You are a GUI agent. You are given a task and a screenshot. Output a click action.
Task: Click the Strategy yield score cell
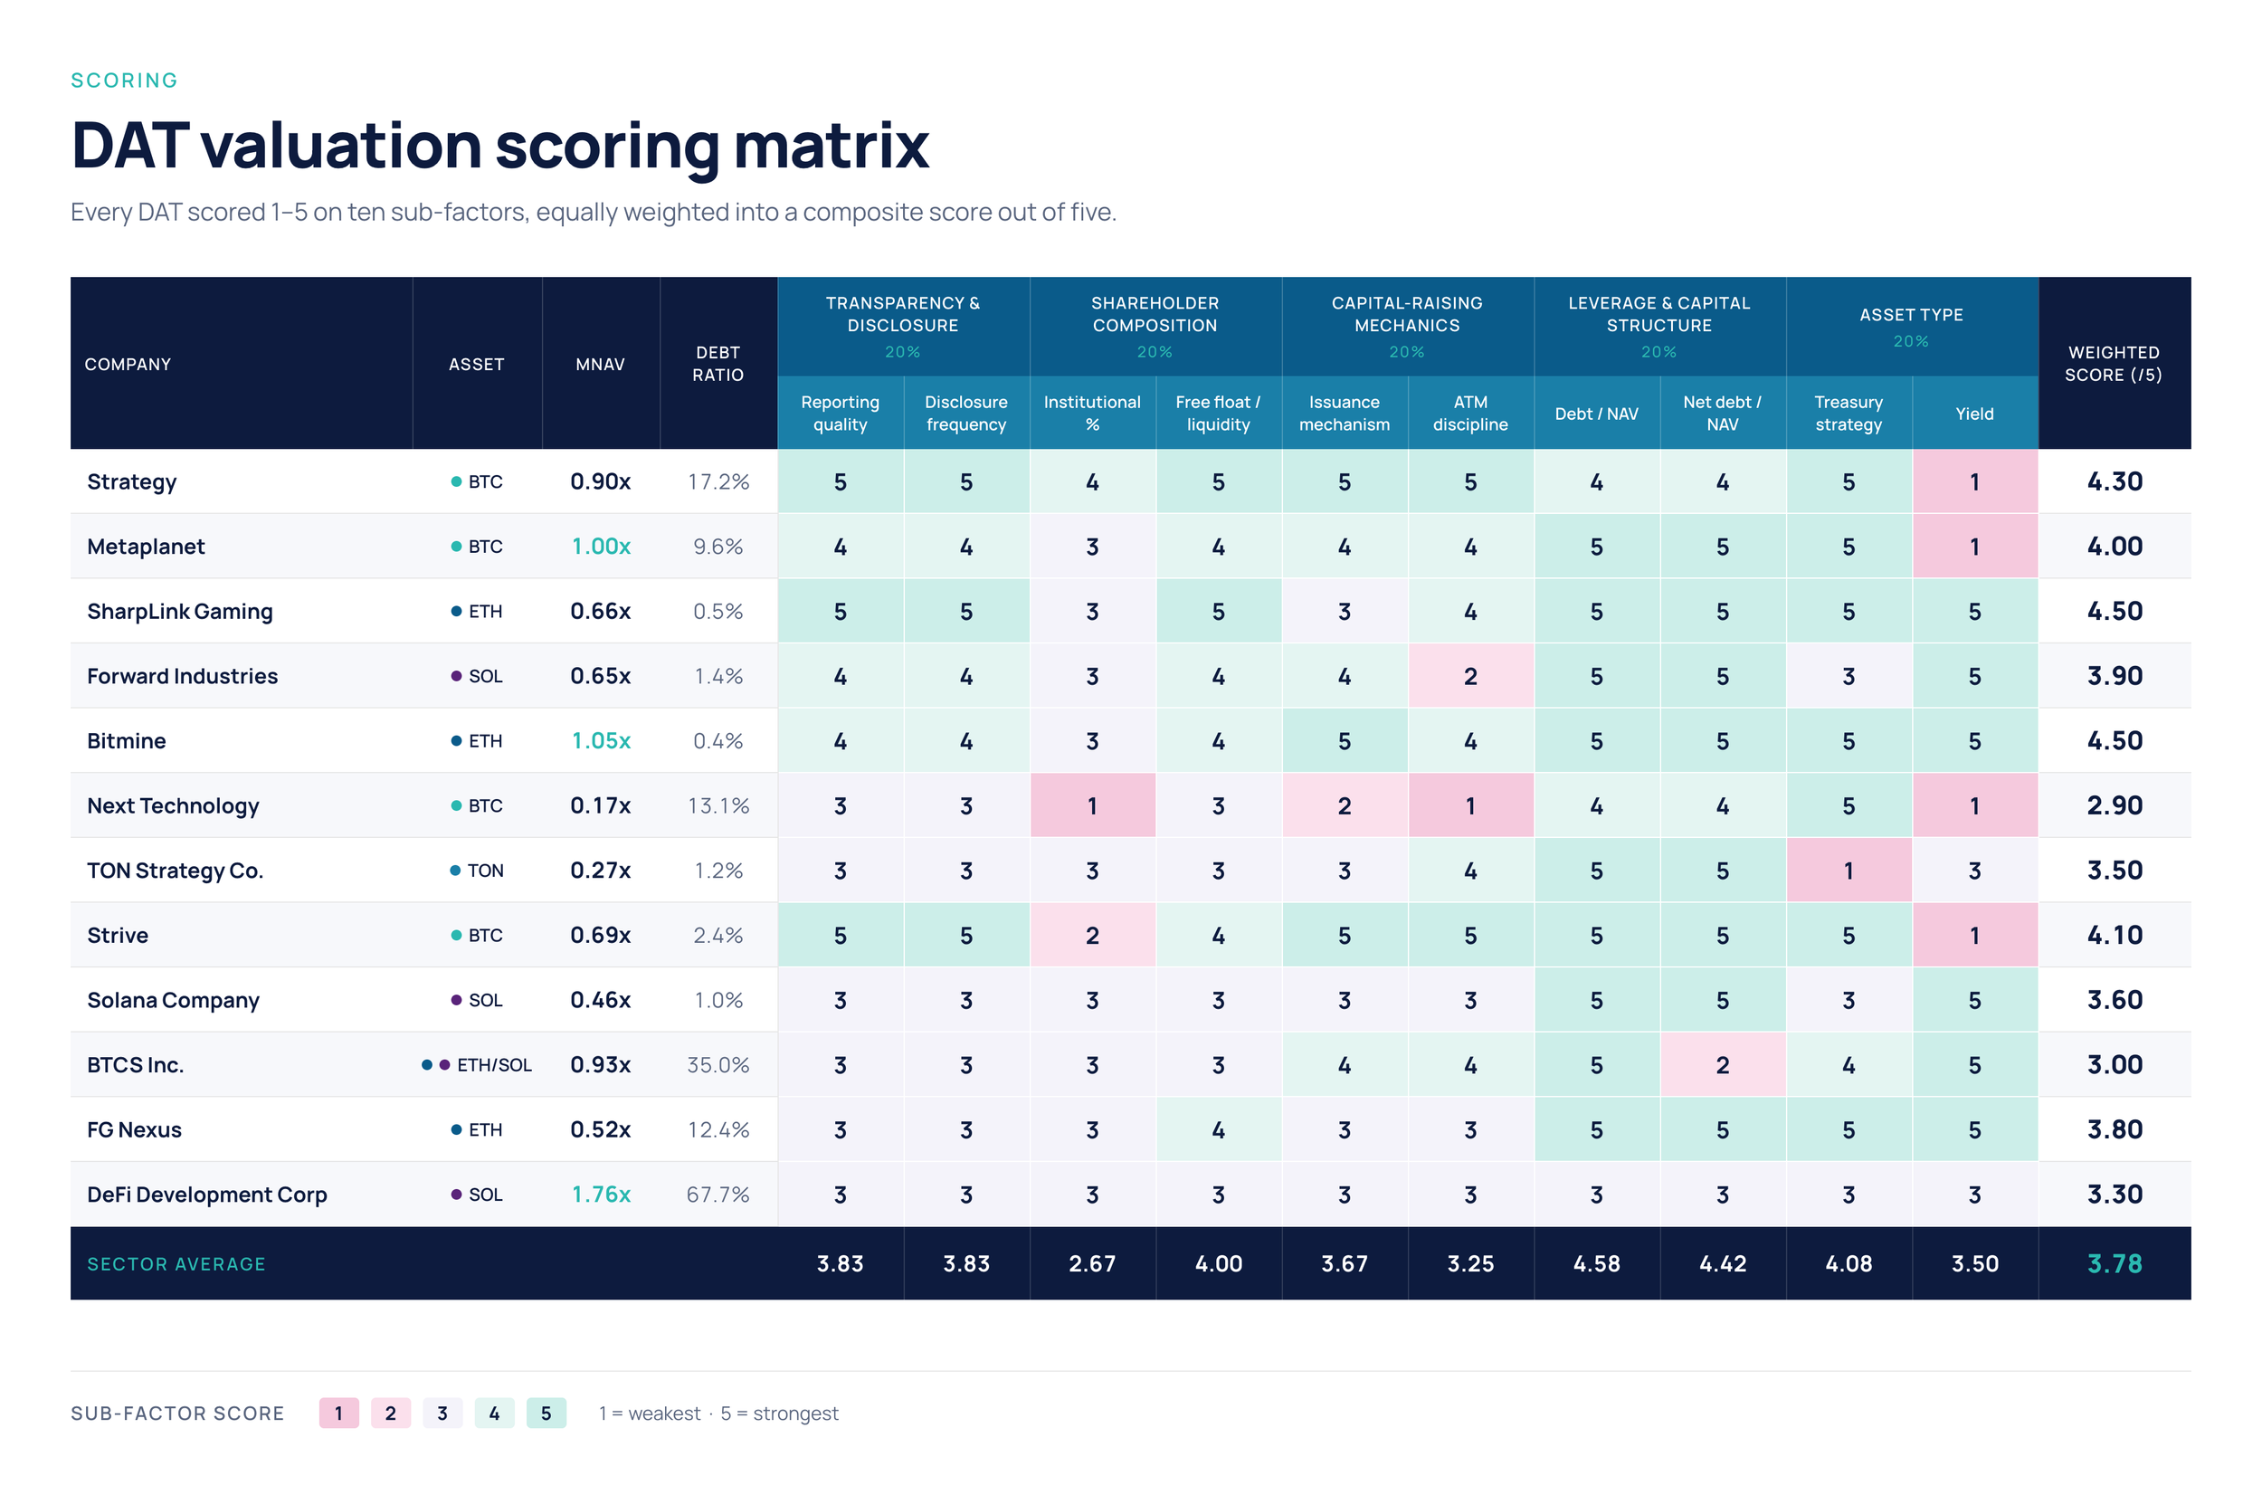[1974, 482]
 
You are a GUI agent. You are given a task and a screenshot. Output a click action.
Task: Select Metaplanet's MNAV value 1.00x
[601, 547]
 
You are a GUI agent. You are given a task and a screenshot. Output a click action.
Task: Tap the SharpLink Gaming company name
[180, 612]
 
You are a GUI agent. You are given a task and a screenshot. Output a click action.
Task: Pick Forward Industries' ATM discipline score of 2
[1470, 676]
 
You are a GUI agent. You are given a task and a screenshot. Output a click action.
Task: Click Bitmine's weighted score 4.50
[2115, 740]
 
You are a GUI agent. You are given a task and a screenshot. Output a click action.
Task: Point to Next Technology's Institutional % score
[1092, 806]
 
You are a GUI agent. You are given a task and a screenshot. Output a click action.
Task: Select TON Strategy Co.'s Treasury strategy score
[1849, 871]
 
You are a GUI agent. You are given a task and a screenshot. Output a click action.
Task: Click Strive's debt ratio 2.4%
[718, 936]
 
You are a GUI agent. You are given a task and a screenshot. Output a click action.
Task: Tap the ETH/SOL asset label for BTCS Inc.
[494, 1065]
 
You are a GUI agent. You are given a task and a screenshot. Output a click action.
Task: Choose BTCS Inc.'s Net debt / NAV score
[1722, 1065]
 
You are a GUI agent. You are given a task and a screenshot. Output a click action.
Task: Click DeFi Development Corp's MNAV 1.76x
[601, 1195]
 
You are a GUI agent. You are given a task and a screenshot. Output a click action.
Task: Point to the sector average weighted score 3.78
[2115, 1263]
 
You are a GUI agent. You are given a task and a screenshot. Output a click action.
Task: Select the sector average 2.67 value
[1092, 1263]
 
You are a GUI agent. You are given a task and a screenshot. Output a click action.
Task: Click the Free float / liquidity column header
[1219, 414]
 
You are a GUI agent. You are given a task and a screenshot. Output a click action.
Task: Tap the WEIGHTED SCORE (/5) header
[2114, 364]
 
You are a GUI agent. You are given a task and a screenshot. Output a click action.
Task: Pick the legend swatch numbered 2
[391, 1413]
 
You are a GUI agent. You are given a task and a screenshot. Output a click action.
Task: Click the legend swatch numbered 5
[546, 1413]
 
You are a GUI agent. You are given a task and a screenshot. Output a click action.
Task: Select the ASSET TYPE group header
[1911, 315]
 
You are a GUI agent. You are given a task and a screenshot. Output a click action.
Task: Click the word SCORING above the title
[125, 81]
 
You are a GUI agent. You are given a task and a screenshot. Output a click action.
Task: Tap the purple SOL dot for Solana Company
[456, 1000]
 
